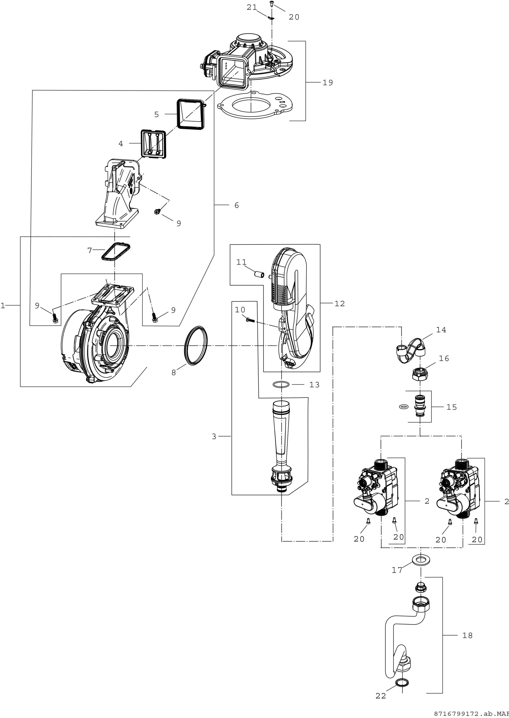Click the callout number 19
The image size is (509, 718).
click(x=328, y=83)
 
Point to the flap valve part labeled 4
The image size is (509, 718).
click(x=153, y=144)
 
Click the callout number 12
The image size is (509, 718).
click(x=340, y=303)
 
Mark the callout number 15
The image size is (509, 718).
click(x=452, y=407)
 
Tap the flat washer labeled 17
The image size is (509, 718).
click(x=420, y=559)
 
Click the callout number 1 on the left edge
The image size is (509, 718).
click(x=3, y=305)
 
